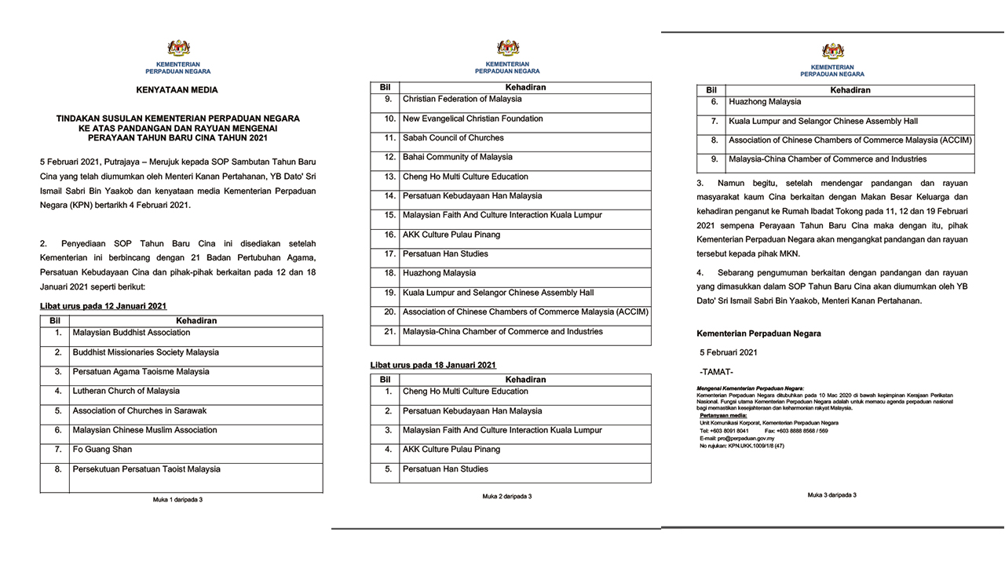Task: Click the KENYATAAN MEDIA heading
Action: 177,90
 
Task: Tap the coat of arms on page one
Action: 178,49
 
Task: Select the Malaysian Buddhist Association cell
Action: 131,333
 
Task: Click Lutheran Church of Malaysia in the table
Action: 126,391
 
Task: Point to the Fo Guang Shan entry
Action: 102,450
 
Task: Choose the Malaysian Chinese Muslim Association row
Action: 144,430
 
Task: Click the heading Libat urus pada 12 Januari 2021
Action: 104,306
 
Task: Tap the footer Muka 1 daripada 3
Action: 177,499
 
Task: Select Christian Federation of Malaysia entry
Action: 462,100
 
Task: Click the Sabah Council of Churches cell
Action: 453,138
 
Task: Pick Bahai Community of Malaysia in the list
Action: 457,157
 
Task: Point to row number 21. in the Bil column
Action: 389,332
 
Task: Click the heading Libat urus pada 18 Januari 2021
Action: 433,366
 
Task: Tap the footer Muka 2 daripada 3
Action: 507,496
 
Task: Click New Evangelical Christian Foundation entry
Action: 473,118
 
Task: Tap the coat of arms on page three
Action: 832,52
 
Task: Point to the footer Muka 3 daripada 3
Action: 832,495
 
